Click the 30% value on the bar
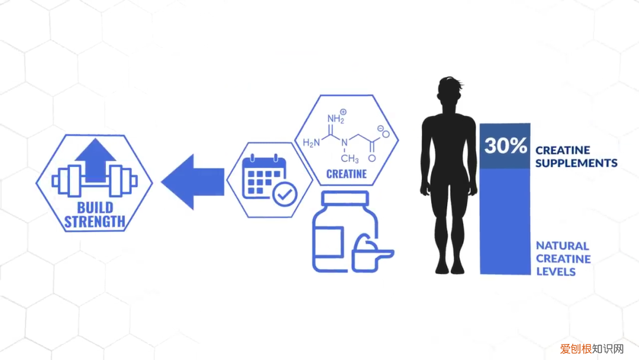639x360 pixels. pos(505,145)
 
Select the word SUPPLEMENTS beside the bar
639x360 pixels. pos(576,163)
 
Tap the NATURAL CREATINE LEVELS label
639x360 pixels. pos(563,259)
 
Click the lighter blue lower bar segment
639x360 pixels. pos(505,222)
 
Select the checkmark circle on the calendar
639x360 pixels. pos(282,193)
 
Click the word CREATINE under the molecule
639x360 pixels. pos(346,175)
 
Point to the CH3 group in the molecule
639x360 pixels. pos(350,159)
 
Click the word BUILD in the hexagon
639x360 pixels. pos(95,208)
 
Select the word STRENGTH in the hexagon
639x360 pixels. pos(95,223)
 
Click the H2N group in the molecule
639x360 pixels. pos(312,143)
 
